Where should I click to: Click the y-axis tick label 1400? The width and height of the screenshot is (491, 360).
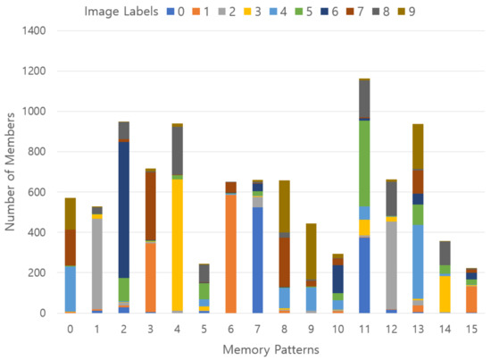point(36,30)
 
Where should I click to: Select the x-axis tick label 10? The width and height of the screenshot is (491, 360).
point(337,329)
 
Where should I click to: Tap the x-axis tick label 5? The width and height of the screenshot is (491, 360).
point(204,329)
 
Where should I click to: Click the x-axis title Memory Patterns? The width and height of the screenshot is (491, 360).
point(270,348)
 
